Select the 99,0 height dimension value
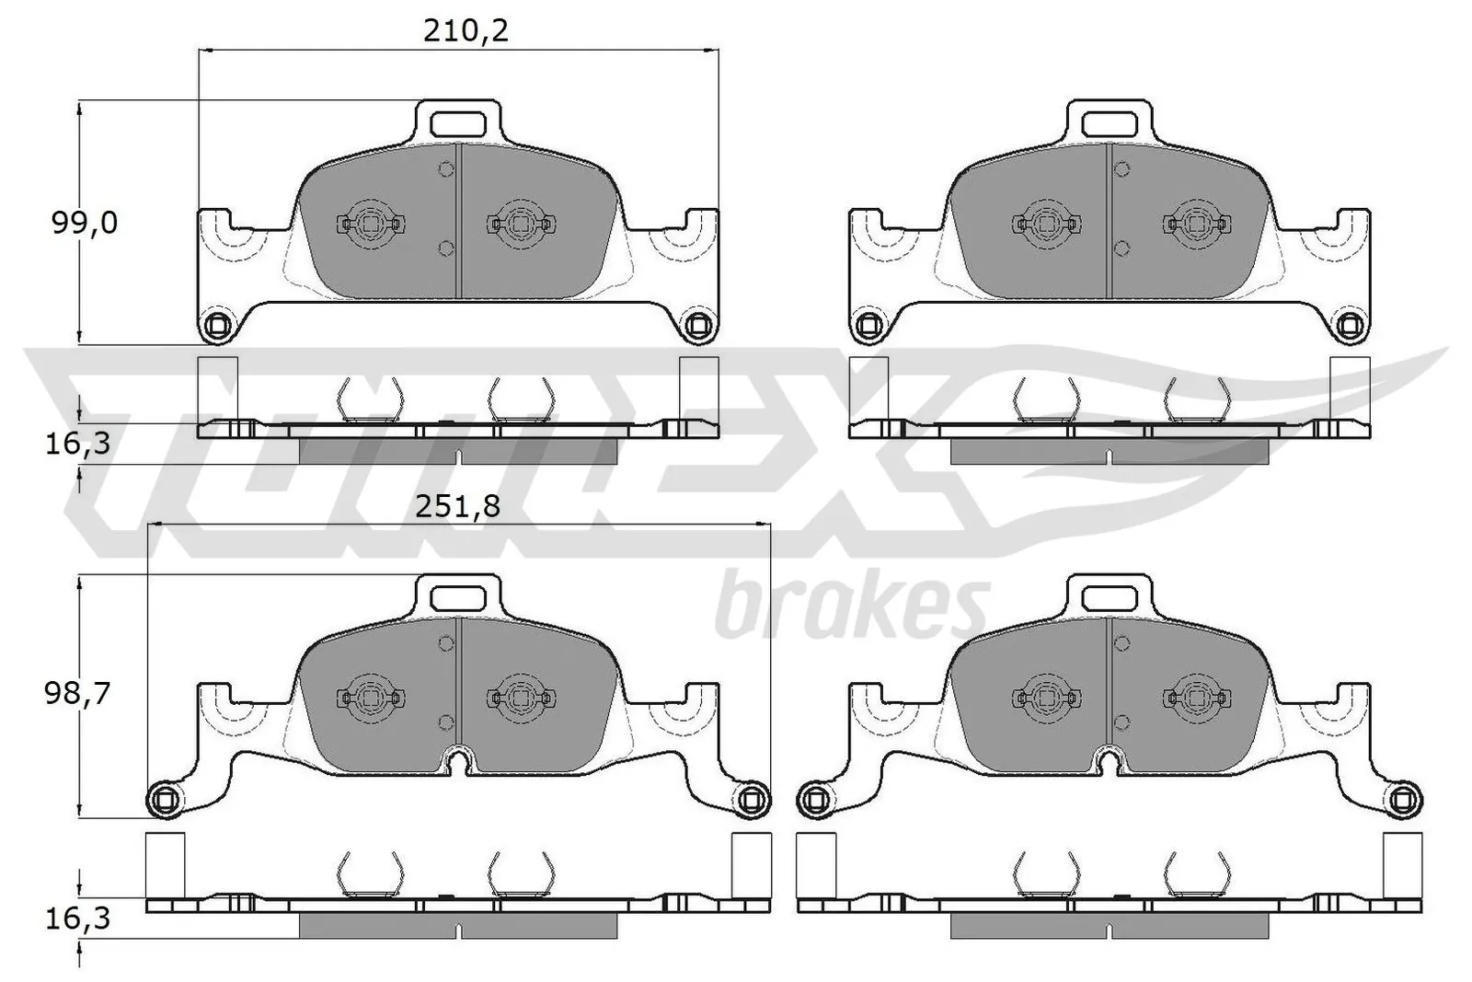84,223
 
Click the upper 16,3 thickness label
77,444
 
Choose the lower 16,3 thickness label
77,918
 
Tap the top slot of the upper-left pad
458,122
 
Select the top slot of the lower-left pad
458,596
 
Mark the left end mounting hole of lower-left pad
166,799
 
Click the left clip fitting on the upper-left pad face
371,224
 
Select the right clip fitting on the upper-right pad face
1196,224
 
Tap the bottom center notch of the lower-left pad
458,760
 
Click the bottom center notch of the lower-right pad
1110,760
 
